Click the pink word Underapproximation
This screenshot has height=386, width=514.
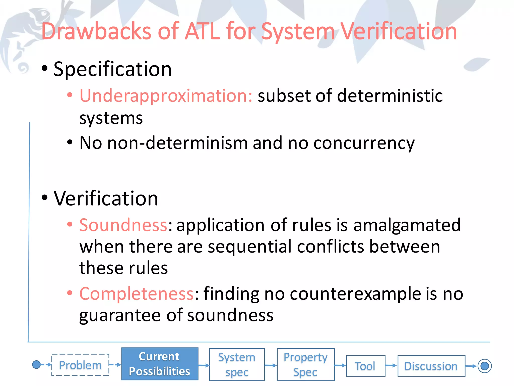(166, 96)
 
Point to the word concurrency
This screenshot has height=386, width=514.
(364, 143)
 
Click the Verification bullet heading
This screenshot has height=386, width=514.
(106, 198)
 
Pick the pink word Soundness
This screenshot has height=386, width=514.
(123, 225)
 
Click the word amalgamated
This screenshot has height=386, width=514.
(407, 225)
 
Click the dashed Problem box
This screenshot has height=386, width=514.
(80, 365)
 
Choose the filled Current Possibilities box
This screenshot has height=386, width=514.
(160, 364)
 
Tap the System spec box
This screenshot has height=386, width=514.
(237, 364)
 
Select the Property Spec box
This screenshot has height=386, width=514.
(305, 364)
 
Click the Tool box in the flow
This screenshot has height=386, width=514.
(365, 366)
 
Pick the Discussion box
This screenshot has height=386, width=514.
(431, 366)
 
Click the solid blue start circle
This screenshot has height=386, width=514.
(36, 364)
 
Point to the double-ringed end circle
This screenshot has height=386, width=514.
(484, 366)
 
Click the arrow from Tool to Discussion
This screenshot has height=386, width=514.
(391, 366)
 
